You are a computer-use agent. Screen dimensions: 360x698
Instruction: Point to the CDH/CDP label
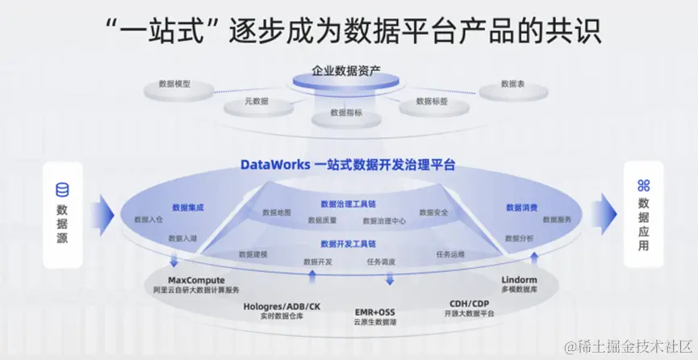470,303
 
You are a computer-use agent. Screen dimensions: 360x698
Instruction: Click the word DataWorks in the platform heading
274,165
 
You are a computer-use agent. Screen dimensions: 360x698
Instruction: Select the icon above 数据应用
643,185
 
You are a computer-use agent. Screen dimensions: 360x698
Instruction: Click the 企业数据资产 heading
349,71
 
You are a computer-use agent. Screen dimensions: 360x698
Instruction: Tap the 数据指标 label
346,114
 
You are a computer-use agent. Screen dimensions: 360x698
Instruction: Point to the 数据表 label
513,83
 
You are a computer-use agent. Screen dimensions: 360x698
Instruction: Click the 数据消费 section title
521,207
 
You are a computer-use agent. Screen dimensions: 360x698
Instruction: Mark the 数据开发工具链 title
348,243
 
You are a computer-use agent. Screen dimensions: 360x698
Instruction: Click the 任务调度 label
381,262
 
